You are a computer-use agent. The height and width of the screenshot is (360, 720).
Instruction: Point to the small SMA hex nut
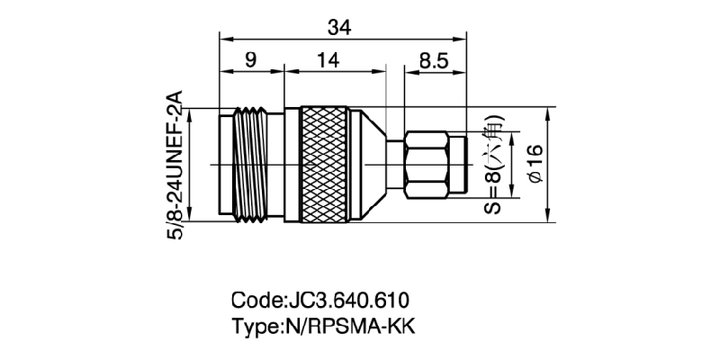[x=427, y=164]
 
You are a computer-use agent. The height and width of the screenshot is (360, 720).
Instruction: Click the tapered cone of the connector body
[x=369, y=164]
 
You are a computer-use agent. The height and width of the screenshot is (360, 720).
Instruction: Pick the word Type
[x=256, y=326]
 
